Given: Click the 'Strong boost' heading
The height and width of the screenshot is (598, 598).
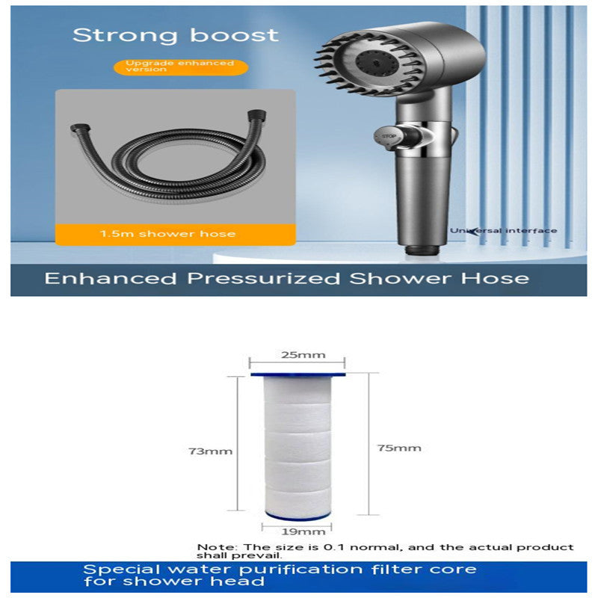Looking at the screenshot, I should click(x=176, y=34).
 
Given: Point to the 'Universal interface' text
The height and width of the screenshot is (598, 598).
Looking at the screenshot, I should click(x=503, y=230).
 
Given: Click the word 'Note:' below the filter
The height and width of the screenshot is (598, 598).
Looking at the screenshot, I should click(x=212, y=548).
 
